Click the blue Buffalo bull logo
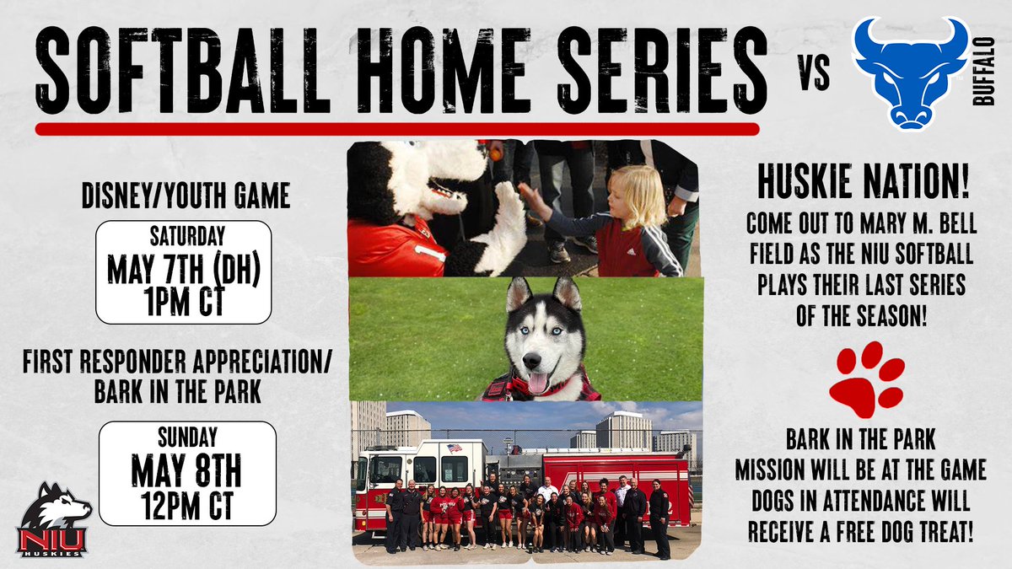click(910, 74)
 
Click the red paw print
click(866, 379)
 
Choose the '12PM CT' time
click(187, 502)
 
